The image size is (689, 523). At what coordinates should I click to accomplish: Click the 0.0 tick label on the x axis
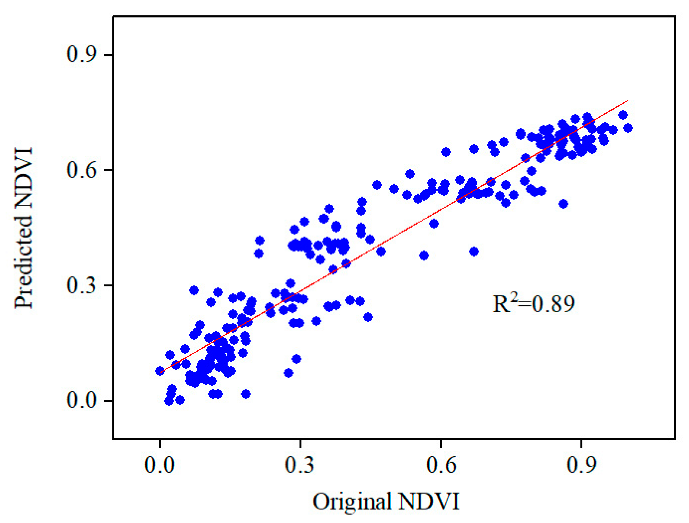pos(159,465)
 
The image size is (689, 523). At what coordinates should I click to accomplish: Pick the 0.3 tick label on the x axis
pos(300,465)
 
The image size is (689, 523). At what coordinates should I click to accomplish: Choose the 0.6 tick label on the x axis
pos(441,465)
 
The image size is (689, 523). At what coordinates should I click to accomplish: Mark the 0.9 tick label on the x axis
pos(581,465)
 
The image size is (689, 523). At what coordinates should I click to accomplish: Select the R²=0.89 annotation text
pos(533,304)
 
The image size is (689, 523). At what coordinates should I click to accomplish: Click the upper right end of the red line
pos(627,101)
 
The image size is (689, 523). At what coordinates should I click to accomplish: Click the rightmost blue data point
pos(628,128)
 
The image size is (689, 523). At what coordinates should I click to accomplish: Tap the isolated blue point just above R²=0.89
pos(563,204)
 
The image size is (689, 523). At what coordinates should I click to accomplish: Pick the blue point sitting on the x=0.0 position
pos(160,371)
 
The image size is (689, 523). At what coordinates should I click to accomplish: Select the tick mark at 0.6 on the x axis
pos(441,442)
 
